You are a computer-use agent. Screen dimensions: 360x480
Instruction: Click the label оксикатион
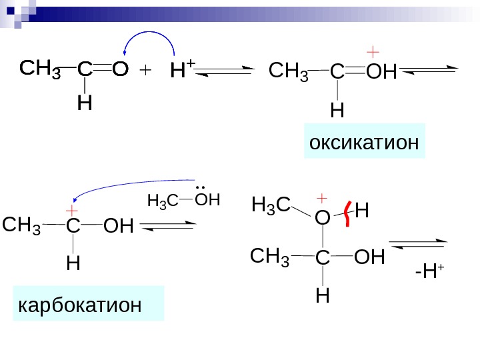364,141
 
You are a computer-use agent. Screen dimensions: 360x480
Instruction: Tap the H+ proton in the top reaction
182,69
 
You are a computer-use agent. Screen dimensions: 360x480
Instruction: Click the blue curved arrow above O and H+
148,39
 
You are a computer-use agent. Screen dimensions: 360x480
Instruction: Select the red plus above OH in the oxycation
373,51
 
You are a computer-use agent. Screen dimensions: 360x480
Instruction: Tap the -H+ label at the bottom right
429,271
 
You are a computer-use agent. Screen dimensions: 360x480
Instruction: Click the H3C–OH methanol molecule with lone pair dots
183,199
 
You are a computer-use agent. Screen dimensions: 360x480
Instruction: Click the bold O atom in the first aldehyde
120,69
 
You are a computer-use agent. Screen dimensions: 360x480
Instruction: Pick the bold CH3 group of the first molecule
41,69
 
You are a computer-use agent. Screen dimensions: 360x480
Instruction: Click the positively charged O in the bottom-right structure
322,217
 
